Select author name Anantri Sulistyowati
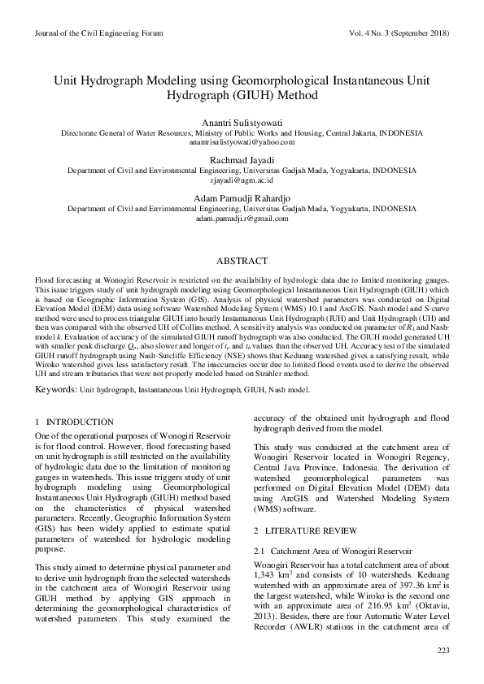tap(242, 121)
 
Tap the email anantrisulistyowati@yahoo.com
tap(242, 141)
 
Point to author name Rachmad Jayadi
tap(242, 160)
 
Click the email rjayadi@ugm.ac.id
tap(242, 180)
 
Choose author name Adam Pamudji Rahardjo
tap(242, 199)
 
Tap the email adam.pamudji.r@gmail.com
tap(242, 219)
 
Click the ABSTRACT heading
tap(242, 261)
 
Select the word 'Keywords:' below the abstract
tap(55, 390)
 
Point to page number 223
tap(443, 650)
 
